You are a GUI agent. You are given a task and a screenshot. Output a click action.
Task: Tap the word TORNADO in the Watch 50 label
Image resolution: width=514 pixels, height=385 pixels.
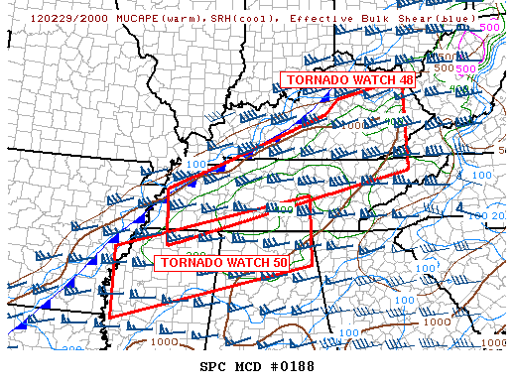pyautogui.click(x=185, y=263)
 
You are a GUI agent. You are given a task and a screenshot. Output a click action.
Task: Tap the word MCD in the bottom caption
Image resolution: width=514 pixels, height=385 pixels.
pyautogui.click(x=249, y=366)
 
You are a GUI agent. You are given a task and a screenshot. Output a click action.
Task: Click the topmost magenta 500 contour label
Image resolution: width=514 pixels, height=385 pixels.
pyautogui.click(x=490, y=27)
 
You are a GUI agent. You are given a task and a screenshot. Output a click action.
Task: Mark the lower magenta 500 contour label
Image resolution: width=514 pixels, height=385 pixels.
pyautogui.click(x=466, y=68)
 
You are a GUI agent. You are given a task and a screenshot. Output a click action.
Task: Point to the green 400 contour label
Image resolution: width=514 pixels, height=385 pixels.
pyautogui.click(x=286, y=208)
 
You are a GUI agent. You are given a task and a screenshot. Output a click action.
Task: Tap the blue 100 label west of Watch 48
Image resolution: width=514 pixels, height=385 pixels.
pyautogui.click(x=195, y=164)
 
